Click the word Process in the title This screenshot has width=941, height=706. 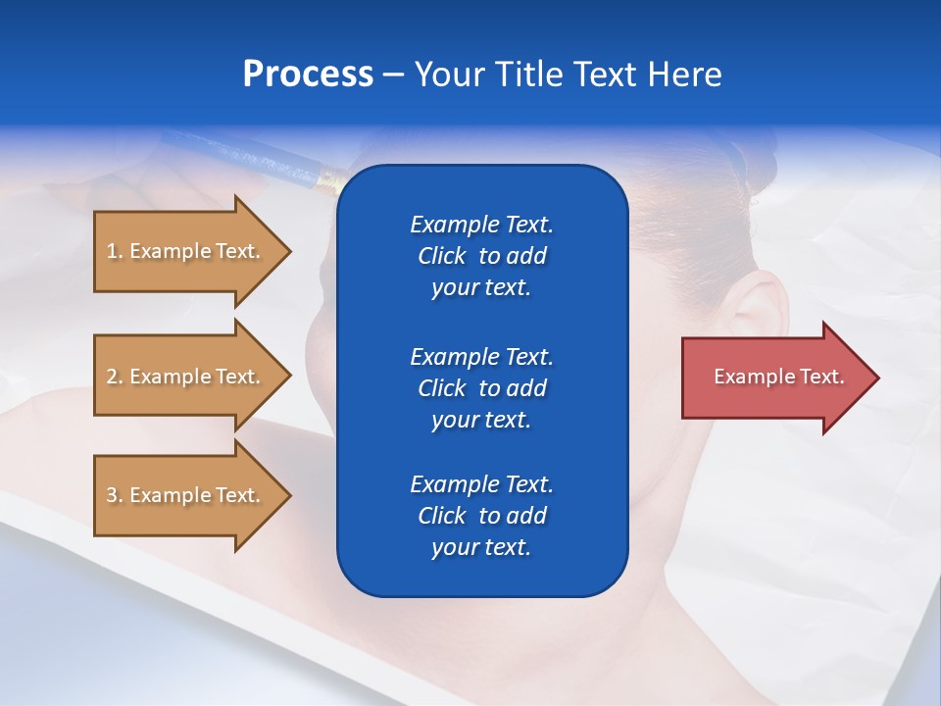pyautogui.click(x=308, y=75)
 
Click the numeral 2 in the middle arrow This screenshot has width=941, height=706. pyautogui.click(x=112, y=377)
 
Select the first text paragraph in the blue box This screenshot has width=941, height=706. pyautogui.click(x=481, y=256)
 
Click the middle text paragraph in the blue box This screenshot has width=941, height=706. pyautogui.click(x=481, y=388)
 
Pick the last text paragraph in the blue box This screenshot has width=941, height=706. pyautogui.click(x=481, y=516)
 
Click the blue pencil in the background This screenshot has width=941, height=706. pyautogui.click(x=255, y=157)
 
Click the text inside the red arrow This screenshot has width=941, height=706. pyautogui.click(x=778, y=377)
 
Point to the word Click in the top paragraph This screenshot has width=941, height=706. pyautogui.click(x=442, y=257)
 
